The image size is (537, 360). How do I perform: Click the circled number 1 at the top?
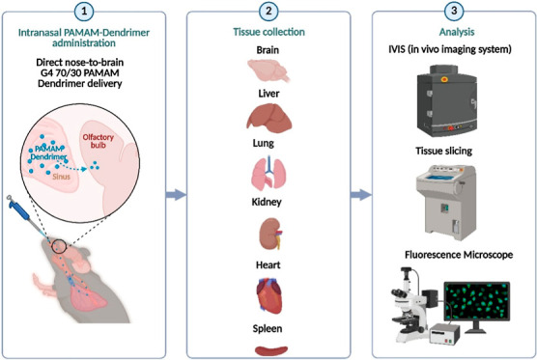click(84, 11)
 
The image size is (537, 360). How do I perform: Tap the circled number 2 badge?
click(268, 11)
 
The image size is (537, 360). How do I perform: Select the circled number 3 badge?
click(454, 11)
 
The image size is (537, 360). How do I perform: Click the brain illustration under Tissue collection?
click(268, 70)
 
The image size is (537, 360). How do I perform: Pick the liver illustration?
click(269, 118)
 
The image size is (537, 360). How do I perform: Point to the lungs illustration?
click(268, 173)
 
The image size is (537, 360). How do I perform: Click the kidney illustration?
click(270, 234)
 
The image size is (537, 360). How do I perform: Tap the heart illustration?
click(269, 296)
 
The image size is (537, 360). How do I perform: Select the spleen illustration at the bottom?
click(271, 350)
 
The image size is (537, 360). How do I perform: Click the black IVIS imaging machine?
click(447, 100)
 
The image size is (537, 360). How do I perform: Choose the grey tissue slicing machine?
click(446, 202)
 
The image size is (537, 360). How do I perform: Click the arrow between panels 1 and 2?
click(176, 195)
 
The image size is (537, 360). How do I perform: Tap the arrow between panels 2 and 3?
click(361, 195)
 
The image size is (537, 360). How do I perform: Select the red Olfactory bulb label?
click(98, 141)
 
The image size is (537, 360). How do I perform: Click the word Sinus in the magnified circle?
click(61, 177)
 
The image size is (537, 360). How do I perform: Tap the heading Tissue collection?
click(268, 32)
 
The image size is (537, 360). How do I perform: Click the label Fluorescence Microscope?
click(459, 255)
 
